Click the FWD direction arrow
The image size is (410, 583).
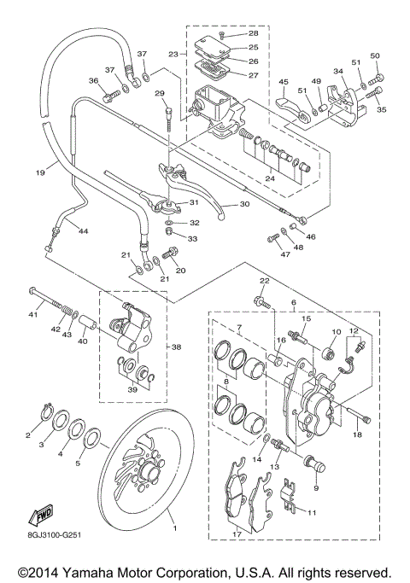click(42, 516)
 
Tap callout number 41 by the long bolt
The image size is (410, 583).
click(34, 315)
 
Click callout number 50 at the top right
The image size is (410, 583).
click(375, 55)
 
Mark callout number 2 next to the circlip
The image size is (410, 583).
click(27, 435)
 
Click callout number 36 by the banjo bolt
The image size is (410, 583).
click(94, 80)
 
